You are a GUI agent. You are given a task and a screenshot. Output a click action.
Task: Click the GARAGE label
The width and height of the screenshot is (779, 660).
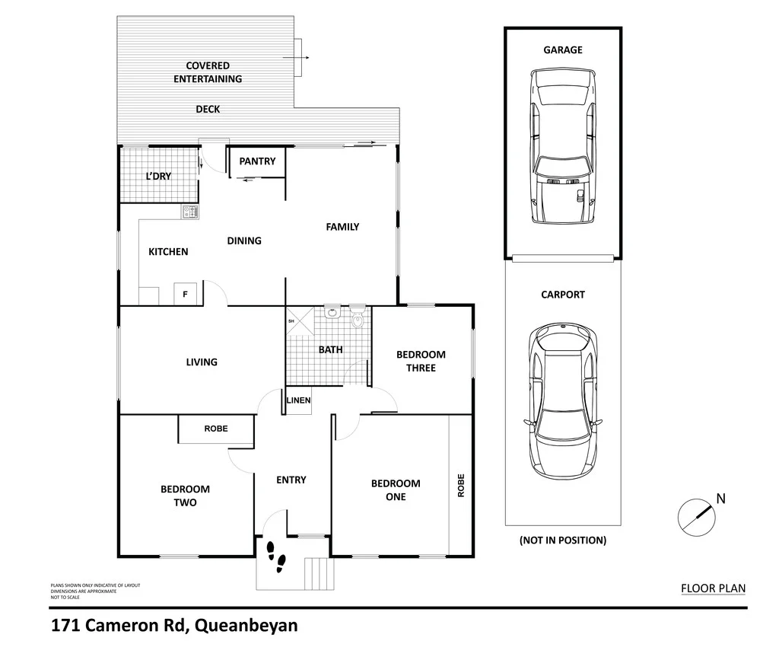563,49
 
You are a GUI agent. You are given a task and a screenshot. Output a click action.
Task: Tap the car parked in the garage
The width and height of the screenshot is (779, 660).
562,145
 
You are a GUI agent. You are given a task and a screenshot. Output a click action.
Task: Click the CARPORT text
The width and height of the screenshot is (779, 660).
563,295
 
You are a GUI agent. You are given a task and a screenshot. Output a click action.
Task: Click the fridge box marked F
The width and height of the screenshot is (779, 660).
185,294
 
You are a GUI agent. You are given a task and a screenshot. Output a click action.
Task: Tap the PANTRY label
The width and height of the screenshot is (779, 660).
257,161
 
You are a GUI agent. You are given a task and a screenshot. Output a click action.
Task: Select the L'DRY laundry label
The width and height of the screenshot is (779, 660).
158,176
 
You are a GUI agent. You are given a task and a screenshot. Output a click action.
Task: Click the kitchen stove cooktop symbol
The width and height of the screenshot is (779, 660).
189,212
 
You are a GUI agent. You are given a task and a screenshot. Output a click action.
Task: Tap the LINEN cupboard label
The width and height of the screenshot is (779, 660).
298,401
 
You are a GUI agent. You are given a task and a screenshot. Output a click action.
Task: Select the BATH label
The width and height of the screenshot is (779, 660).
330,350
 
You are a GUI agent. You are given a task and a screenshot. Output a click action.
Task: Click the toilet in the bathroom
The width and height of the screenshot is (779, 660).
358,319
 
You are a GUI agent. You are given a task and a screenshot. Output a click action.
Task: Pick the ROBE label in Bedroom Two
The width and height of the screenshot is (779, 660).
216,429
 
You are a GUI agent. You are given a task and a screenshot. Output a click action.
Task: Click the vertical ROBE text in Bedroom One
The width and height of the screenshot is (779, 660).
460,486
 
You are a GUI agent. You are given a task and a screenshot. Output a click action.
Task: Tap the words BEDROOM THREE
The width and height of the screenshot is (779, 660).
421,361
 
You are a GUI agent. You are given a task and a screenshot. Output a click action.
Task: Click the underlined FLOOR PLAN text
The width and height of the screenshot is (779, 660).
713,588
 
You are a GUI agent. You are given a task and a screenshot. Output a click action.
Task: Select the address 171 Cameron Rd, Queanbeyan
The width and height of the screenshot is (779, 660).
174,627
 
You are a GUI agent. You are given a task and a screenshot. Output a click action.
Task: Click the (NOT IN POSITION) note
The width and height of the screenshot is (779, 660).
563,540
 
